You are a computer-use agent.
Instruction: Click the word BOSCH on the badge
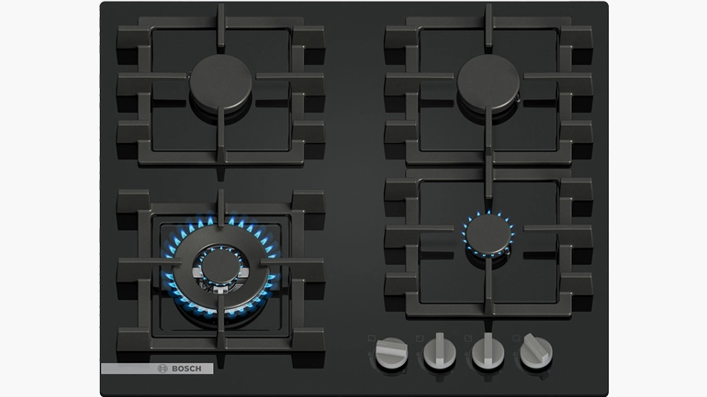point(186,369)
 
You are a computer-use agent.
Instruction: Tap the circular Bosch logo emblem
point(163,369)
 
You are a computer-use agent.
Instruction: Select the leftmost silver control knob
point(391,352)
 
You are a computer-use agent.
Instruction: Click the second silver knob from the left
point(440,351)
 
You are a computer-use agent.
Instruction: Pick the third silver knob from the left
point(488,351)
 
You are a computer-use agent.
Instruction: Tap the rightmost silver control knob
point(536,350)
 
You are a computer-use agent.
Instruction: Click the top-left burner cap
point(220,83)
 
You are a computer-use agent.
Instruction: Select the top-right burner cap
point(488,83)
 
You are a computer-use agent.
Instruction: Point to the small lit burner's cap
point(488,234)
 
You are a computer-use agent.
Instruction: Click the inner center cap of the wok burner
point(220,267)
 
